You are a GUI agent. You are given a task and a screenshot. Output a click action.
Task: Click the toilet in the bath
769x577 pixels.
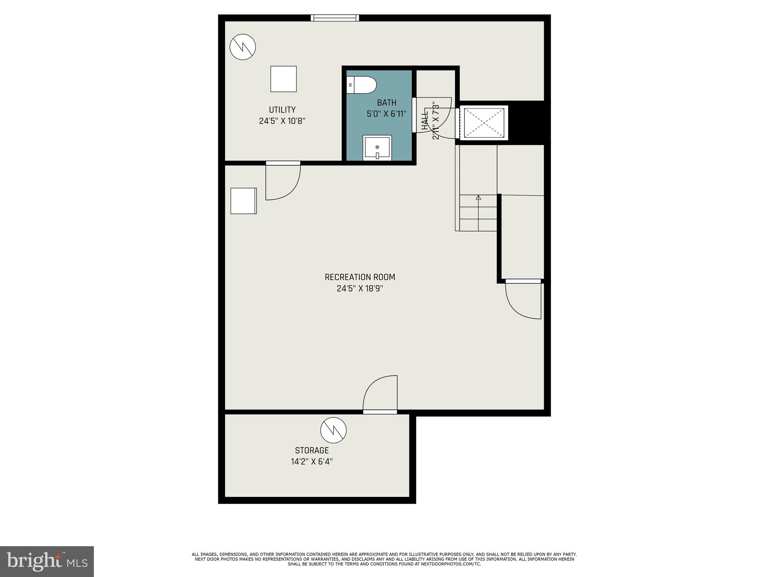[361, 85]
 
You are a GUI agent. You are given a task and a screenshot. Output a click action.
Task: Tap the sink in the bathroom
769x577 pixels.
[377, 148]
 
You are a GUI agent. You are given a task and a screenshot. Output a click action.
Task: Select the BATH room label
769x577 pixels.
[386, 103]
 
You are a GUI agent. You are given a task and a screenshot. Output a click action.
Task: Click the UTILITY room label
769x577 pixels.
[282, 110]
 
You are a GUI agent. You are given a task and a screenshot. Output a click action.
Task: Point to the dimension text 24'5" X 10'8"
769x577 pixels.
[282, 121]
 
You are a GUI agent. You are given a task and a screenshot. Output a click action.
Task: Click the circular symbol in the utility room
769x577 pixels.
[243, 47]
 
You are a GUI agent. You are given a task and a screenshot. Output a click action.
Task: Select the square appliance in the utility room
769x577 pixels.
[283, 79]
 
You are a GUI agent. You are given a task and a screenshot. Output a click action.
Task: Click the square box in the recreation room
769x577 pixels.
[243, 201]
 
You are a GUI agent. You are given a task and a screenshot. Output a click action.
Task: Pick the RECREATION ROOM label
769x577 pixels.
[360, 277]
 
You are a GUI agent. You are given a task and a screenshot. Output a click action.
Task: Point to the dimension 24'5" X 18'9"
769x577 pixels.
[360, 288]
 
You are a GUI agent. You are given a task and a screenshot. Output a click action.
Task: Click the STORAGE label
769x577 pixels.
[312, 450]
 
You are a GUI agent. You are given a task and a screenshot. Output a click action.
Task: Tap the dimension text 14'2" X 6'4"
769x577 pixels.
[312, 462]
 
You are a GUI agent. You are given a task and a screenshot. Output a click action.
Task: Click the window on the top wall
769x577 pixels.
[335, 18]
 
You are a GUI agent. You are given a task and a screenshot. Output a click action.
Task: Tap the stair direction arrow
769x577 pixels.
[478, 197]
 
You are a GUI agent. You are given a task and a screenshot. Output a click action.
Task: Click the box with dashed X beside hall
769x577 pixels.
[484, 123]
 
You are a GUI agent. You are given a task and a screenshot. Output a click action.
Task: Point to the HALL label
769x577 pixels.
[425, 120]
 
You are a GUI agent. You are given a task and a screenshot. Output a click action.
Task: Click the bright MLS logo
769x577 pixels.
[47, 562]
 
